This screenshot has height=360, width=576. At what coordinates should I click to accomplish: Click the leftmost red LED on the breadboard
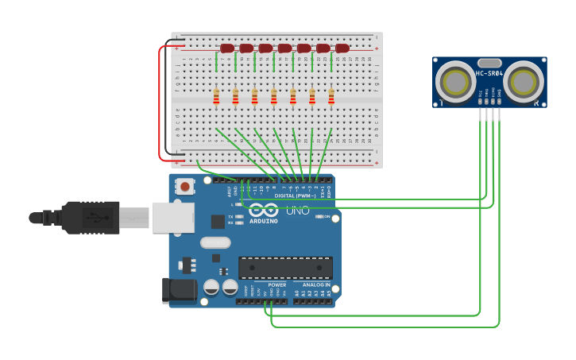click(227, 48)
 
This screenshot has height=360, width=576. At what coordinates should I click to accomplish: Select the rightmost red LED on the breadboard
click(342, 48)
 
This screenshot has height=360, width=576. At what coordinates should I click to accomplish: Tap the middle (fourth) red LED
click(284, 48)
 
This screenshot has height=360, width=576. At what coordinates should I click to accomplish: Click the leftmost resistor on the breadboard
click(216, 96)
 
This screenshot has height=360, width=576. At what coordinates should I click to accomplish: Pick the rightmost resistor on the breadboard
click(331, 96)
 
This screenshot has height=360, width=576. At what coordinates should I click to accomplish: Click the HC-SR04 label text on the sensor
click(489, 73)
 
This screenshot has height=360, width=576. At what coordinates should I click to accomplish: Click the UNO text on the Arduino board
click(297, 211)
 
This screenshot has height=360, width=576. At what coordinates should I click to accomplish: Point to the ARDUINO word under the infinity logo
click(264, 221)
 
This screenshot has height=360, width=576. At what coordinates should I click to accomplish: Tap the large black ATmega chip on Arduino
click(285, 268)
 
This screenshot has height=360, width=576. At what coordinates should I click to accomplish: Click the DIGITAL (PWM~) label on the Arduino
click(295, 195)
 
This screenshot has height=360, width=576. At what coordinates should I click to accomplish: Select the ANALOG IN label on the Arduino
click(315, 285)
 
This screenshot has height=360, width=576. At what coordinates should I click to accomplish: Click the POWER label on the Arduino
click(276, 285)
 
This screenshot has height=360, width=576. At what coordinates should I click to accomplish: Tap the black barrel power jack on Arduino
click(179, 291)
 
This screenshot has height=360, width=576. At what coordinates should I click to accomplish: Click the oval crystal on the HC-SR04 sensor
click(490, 63)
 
